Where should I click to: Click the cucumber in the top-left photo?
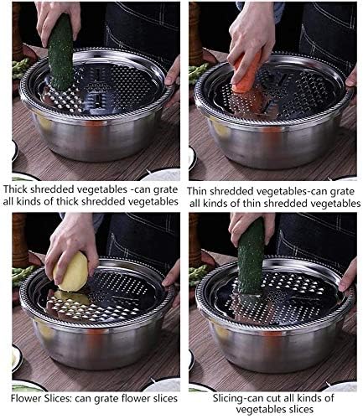tap(60, 52)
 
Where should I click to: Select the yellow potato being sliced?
tap(71, 272)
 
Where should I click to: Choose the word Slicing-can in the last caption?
tap(232, 396)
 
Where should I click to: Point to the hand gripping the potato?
tap(71, 243)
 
